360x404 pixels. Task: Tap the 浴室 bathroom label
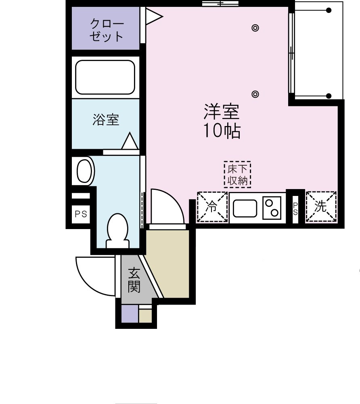pos(106,120)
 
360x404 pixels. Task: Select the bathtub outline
pos(105,77)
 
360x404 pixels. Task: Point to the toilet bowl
pos(117,231)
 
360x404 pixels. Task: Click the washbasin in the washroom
pos(84,171)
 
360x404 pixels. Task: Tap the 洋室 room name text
pos(222,112)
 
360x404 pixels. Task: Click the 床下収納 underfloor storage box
pos(237,175)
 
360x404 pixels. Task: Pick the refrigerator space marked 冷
pos(212,206)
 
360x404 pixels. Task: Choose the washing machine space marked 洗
pos(321,206)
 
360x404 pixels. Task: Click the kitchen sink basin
pos(245,208)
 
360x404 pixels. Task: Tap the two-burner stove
pos(272,208)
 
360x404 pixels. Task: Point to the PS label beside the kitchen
pos(295,209)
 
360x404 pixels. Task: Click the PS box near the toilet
pos(81,215)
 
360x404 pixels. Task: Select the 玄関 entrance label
pos(134,280)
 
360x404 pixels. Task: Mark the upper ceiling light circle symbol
pos(255,27)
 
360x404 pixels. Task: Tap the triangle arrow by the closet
pos(154,17)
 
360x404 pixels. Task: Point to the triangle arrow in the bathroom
pos(130,141)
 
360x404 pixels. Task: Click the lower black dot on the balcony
pos(329,96)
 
